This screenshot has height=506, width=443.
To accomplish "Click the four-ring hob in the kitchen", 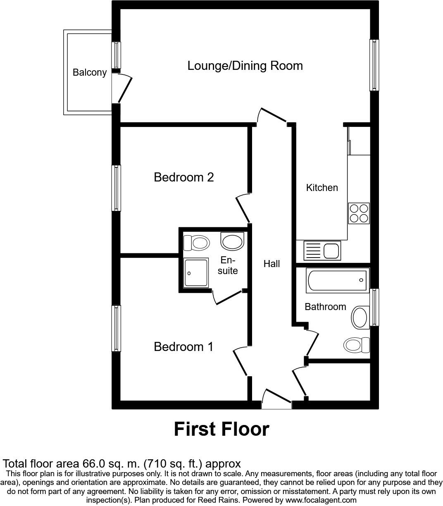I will tap(359, 213).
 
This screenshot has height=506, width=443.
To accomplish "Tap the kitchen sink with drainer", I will tap(322, 251).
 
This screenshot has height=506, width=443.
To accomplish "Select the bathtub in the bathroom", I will tap(337, 280).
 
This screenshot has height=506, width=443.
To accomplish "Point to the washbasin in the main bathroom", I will tap(360, 317).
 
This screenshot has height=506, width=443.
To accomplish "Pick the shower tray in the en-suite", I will tap(197, 273).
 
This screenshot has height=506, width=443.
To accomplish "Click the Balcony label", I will tap(90, 72).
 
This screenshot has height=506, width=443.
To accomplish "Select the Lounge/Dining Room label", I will tap(245, 66).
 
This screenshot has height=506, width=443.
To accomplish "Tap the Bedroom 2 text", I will tap(183, 177).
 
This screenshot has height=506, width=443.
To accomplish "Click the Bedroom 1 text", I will tap(183, 346).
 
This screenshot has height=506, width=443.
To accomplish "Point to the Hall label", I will tap(272, 264).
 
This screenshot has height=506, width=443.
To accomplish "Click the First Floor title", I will tap(221, 429).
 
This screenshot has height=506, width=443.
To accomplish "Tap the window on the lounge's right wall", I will tap(374, 65).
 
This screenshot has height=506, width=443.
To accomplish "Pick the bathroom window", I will tap(374, 307).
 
